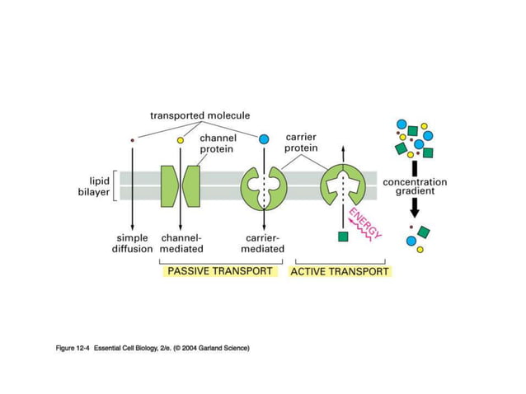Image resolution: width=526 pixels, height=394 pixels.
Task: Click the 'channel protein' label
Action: pyautogui.click(x=218, y=144)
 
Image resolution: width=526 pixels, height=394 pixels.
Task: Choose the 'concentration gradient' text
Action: pyautogui.click(x=415, y=186)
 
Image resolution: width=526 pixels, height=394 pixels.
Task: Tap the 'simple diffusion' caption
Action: pyautogui.click(x=132, y=243)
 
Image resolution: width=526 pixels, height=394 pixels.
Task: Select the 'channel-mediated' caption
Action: pyautogui.click(x=181, y=243)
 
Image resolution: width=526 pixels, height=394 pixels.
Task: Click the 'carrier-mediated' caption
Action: pyautogui.click(x=264, y=243)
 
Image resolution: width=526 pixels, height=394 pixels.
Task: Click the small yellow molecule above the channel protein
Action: pyautogui.click(x=181, y=141)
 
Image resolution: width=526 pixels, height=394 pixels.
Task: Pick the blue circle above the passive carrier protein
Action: pyautogui.click(x=265, y=140)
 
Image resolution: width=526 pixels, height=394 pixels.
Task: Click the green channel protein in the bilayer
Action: pyautogui.click(x=181, y=185)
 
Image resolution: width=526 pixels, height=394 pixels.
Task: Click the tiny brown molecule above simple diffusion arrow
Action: pyautogui.click(x=132, y=141)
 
